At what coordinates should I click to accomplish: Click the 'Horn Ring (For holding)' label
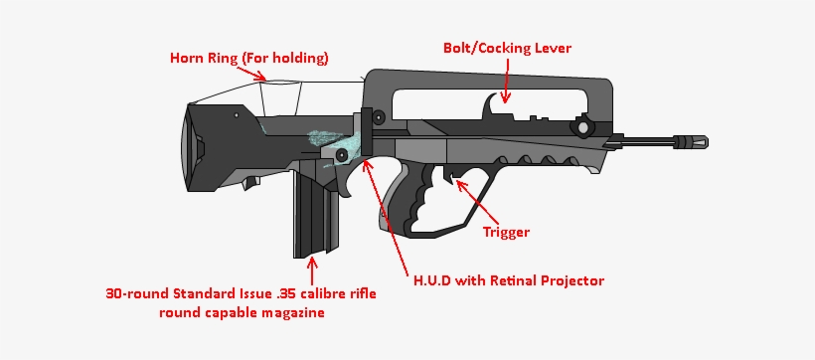click(x=248, y=58)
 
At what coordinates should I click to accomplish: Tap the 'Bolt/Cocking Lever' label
click(x=507, y=47)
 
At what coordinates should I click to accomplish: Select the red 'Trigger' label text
click(x=506, y=232)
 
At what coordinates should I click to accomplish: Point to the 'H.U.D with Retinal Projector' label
click(x=508, y=280)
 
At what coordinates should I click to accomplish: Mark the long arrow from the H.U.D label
click(x=388, y=214)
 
